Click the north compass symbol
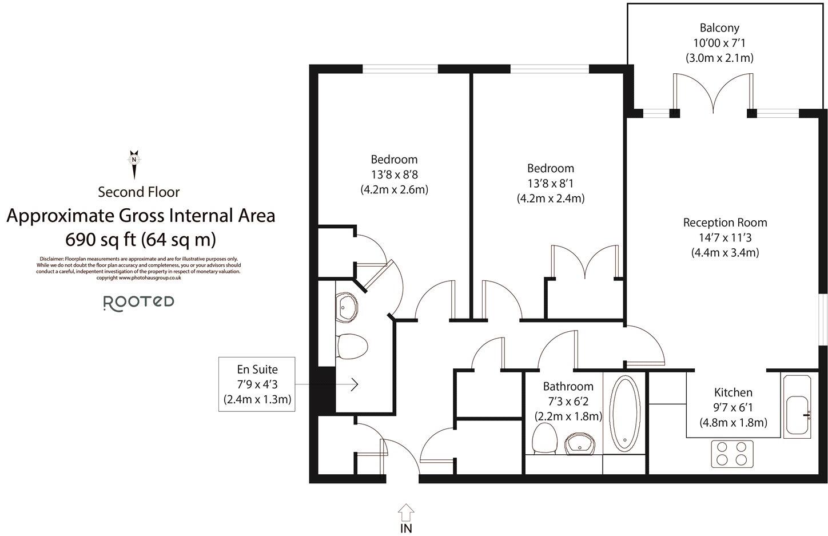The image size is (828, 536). [x=134, y=163]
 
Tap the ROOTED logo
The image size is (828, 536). [x=138, y=303]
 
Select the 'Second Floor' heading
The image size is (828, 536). [x=138, y=192]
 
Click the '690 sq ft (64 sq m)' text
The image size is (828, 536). [x=141, y=239]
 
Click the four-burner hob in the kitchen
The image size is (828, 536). [x=733, y=452]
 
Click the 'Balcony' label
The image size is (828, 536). [x=719, y=27]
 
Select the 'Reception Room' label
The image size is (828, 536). [x=724, y=223]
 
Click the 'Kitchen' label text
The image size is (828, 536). [x=733, y=392]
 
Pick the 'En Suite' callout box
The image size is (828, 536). [x=257, y=384]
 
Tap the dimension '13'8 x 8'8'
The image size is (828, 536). [x=394, y=174]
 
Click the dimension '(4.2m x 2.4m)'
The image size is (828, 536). [x=550, y=198]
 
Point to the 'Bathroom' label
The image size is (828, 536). [x=568, y=386]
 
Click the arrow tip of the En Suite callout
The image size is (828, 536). [x=357, y=384]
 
